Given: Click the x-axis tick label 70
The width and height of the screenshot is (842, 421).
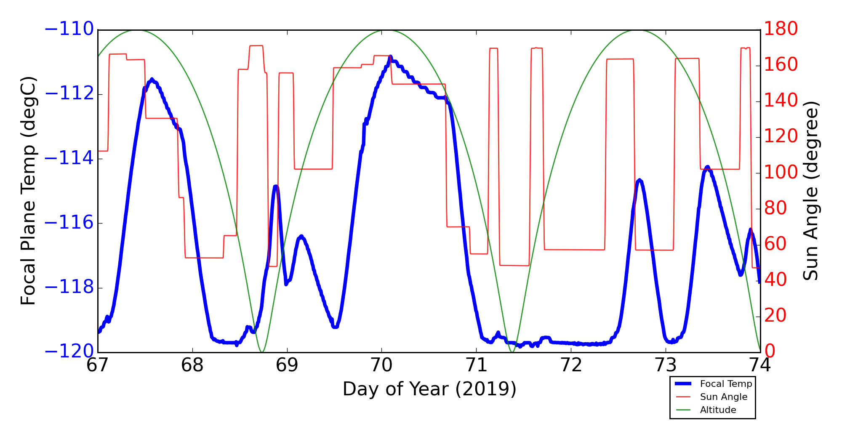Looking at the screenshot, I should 381,365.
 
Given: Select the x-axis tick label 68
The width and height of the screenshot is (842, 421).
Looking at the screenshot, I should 192,365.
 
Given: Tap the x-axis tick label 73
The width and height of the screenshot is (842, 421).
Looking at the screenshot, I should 666,365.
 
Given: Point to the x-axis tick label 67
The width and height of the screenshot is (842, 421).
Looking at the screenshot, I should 98,365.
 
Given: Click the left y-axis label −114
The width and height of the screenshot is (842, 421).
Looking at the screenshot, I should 69,159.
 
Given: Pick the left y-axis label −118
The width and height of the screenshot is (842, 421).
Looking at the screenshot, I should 69,288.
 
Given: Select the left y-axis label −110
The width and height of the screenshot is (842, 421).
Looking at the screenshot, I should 69,29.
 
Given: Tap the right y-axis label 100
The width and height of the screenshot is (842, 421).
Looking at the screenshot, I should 781,173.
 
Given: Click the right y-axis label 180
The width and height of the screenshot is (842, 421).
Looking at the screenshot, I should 781,29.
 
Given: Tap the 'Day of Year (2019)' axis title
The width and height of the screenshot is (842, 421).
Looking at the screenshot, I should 429,389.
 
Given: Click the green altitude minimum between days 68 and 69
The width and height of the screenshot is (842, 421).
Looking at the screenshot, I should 262,352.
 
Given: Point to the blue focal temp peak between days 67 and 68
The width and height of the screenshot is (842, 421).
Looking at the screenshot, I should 152,79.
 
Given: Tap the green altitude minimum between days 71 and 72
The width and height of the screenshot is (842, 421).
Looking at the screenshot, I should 512,352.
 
